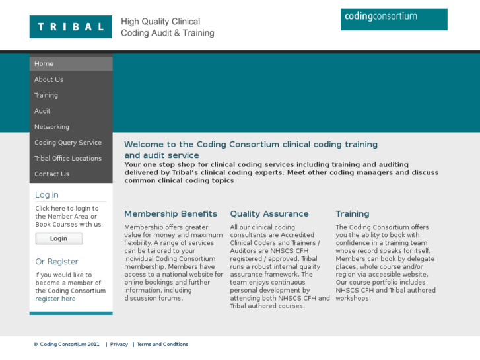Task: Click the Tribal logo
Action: point(71,27)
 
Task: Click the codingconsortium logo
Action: point(394,19)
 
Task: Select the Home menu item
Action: point(44,64)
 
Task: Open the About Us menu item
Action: point(49,80)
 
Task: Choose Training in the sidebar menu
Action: point(46,96)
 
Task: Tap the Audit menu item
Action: point(42,112)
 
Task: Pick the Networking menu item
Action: point(51,127)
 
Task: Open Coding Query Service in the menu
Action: point(68,143)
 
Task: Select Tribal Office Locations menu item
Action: point(68,159)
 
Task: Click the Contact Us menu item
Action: point(51,174)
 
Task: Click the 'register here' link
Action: point(55,299)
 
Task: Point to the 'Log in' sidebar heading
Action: point(47,195)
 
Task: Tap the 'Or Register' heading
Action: point(57,262)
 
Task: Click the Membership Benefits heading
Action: point(170,214)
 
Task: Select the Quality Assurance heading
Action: point(269,214)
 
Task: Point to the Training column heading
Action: point(353,214)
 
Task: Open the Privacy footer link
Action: point(119,344)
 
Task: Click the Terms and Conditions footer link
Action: point(162,344)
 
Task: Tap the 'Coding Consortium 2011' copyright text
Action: point(69,344)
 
